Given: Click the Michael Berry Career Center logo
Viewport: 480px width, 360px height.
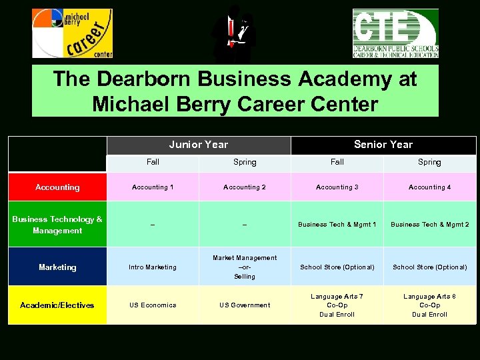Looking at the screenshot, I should tap(72, 33).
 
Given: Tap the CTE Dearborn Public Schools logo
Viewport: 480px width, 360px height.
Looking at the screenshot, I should tap(395, 33).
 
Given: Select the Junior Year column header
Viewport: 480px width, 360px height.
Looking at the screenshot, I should tap(199, 145).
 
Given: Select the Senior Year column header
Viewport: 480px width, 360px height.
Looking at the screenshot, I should tap(383, 145).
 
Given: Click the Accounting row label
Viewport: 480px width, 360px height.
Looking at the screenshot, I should tap(57, 187).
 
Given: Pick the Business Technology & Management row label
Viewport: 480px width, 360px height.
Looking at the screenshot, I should tap(57, 225).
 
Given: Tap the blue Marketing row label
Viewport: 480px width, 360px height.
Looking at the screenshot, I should tap(57, 267).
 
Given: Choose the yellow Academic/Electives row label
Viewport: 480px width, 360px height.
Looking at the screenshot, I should tap(57, 305).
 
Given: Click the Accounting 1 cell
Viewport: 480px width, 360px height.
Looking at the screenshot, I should tap(153, 187).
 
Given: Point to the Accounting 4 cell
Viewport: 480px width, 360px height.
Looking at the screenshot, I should tap(429, 187).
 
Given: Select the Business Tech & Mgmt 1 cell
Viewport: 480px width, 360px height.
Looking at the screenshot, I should tap(337, 225).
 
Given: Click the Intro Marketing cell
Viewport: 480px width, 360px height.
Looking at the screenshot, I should tap(153, 267).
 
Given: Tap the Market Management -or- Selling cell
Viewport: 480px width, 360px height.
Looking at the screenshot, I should tap(245, 267).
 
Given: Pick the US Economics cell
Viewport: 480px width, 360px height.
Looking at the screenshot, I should tap(153, 305).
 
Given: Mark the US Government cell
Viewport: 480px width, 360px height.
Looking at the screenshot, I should tap(245, 305).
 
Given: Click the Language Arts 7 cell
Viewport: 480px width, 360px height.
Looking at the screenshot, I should tap(337, 305).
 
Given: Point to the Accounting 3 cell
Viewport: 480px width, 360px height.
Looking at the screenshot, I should tap(337, 187).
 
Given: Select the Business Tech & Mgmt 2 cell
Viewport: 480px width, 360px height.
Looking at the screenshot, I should tap(429, 225).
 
